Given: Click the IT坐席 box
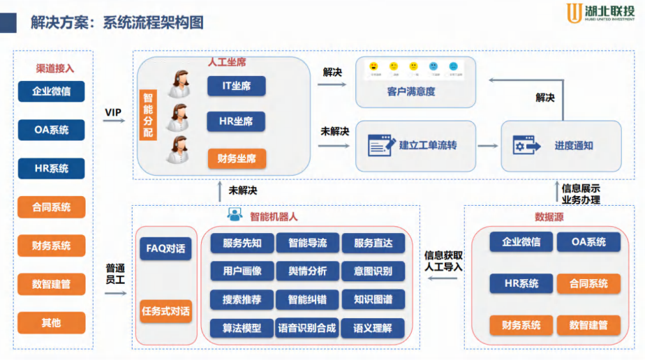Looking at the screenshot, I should [x=236, y=86].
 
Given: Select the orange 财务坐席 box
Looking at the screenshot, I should [x=236, y=159].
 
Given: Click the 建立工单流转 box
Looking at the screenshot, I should [x=415, y=146].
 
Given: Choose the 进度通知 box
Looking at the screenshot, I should [x=561, y=146].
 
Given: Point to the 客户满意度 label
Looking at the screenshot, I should [x=415, y=91].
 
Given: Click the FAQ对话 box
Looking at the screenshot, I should [x=165, y=248].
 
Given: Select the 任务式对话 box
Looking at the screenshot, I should [x=165, y=311].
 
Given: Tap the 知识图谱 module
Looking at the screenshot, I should [x=373, y=299].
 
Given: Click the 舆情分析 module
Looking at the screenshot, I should [x=307, y=271].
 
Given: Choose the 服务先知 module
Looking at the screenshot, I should [x=242, y=243].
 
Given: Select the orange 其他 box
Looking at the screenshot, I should [x=51, y=322].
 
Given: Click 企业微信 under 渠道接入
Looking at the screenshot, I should [x=51, y=91].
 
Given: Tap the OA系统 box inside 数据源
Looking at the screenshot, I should [x=588, y=242].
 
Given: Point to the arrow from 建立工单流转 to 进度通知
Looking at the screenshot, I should [x=488, y=146].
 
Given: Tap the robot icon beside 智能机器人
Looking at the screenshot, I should [x=235, y=215].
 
